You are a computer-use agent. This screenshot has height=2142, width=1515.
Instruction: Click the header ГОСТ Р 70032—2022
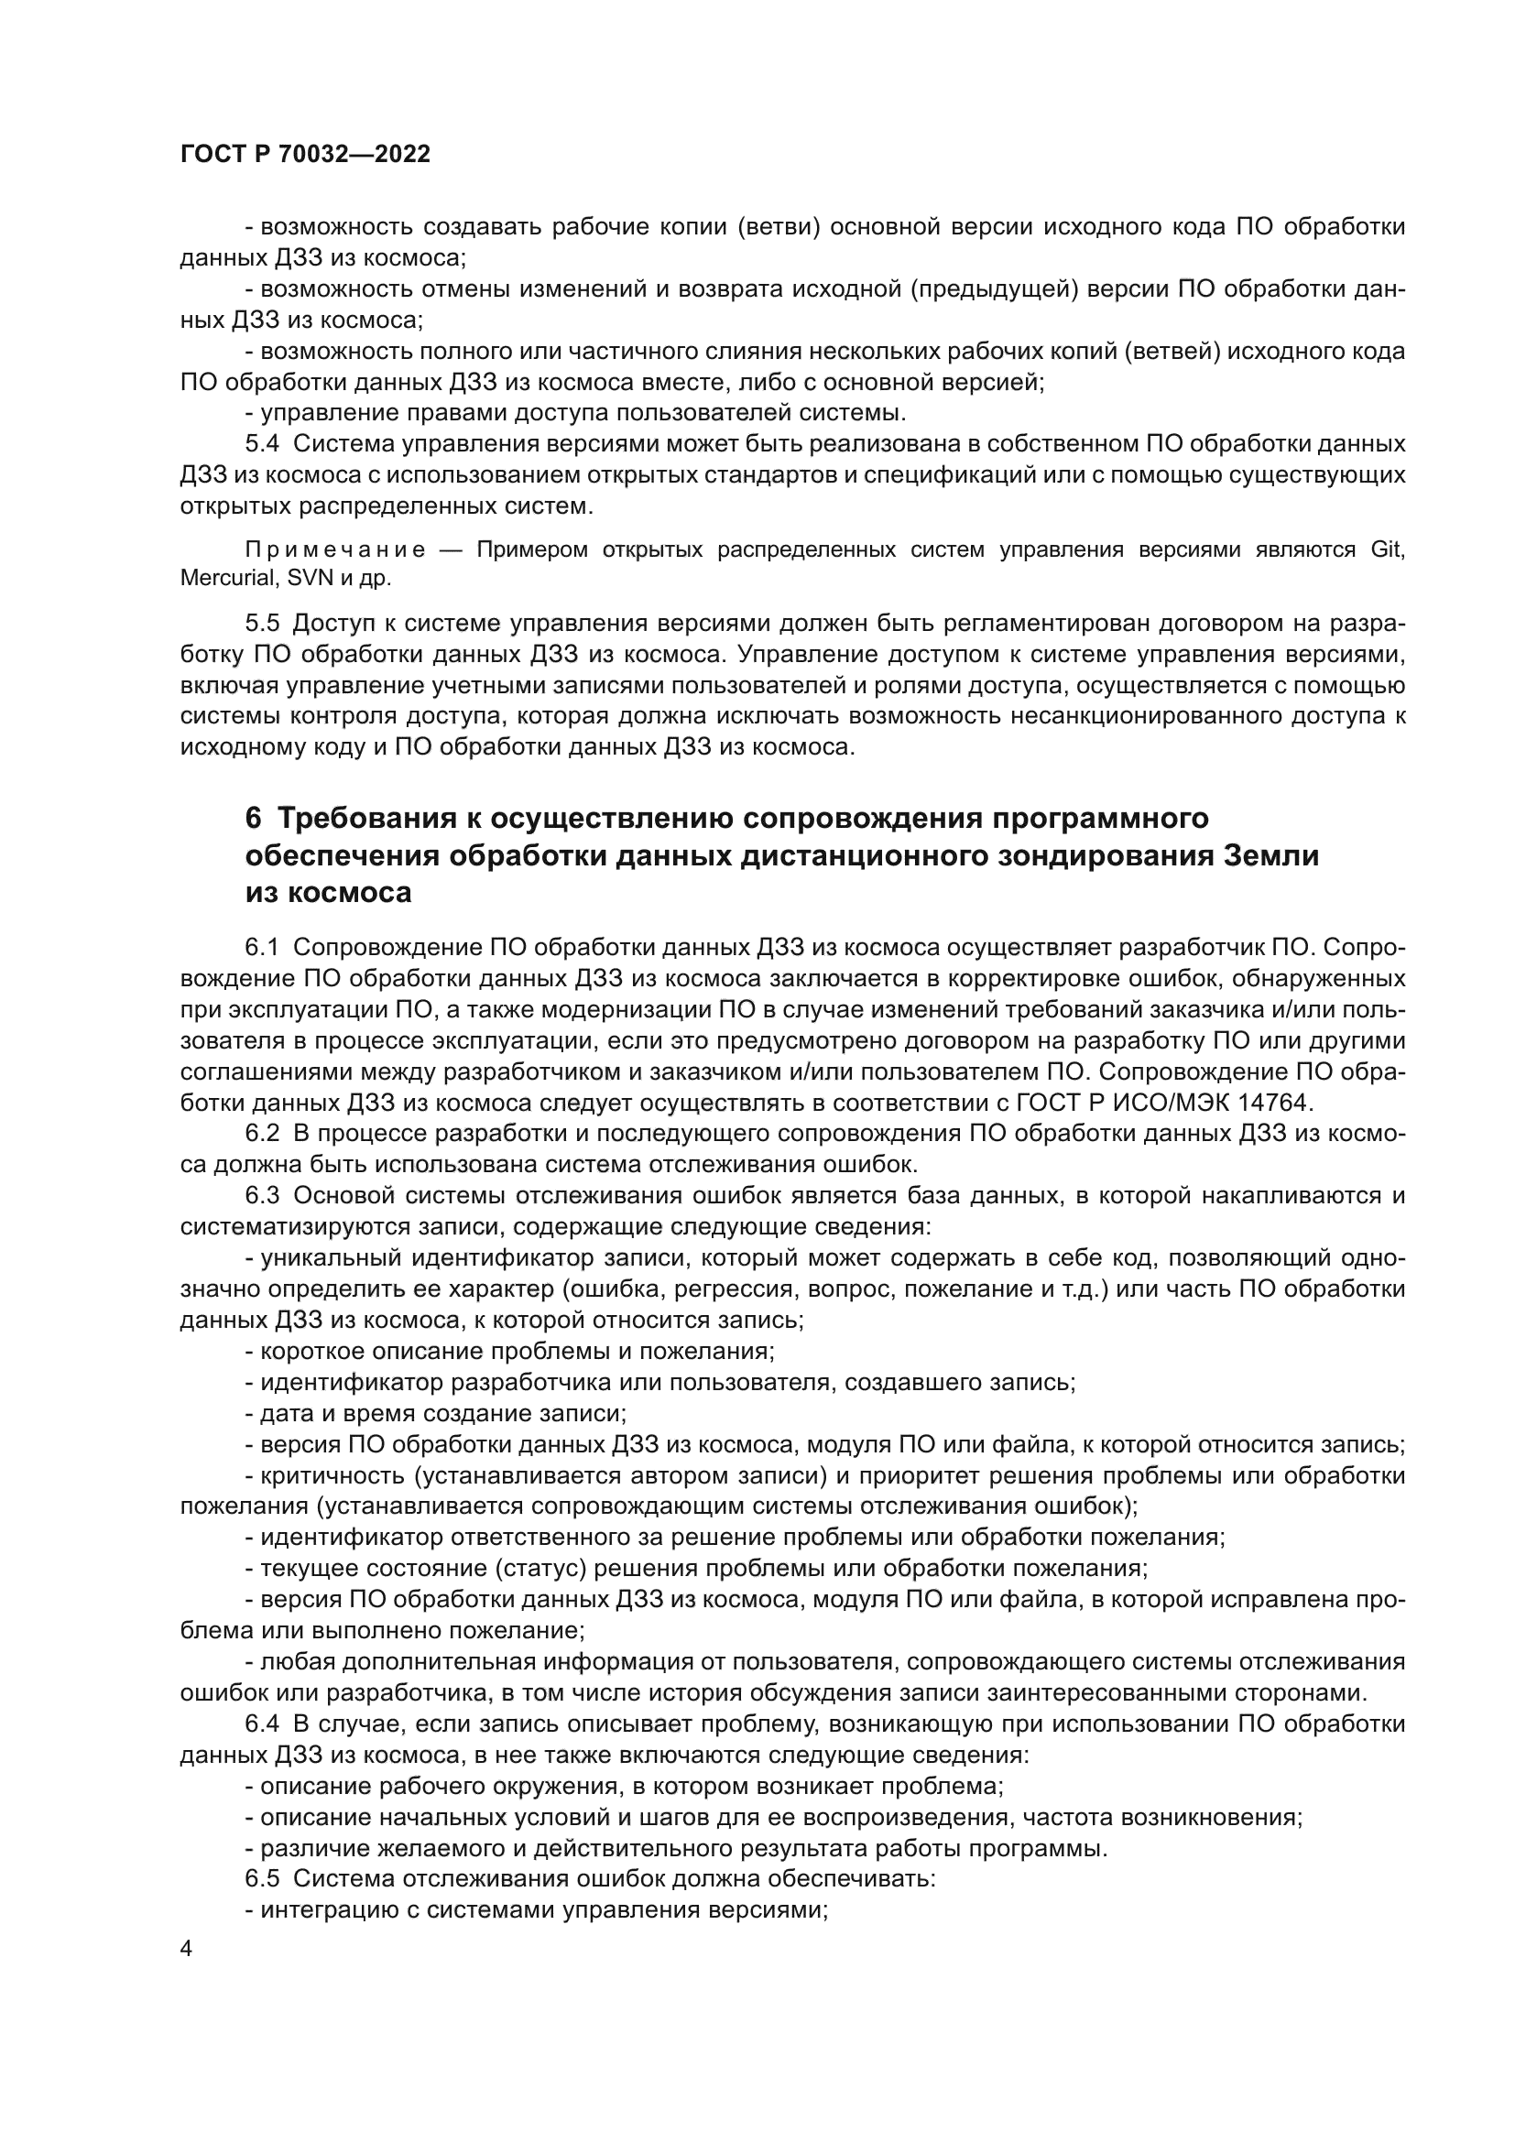pyautogui.click(x=305, y=154)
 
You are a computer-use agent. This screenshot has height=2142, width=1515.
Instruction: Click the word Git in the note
pyautogui.click(x=1387, y=549)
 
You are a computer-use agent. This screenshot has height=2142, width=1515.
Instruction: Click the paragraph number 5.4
pyautogui.click(x=262, y=443)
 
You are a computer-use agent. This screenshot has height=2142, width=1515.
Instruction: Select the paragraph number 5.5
pyautogui.click(x=262, y=624)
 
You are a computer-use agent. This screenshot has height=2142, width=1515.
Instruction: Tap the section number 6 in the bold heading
pyautogui.click(x=254, y=818)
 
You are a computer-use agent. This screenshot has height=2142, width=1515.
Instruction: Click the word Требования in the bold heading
pyautogui.click(x=372, y=818)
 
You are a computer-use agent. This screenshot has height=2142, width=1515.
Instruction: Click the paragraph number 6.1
pyautogui.click(x=262, y=948)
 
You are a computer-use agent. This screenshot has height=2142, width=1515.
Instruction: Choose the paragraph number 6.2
pyautogui.click(x=262, y=1134)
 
